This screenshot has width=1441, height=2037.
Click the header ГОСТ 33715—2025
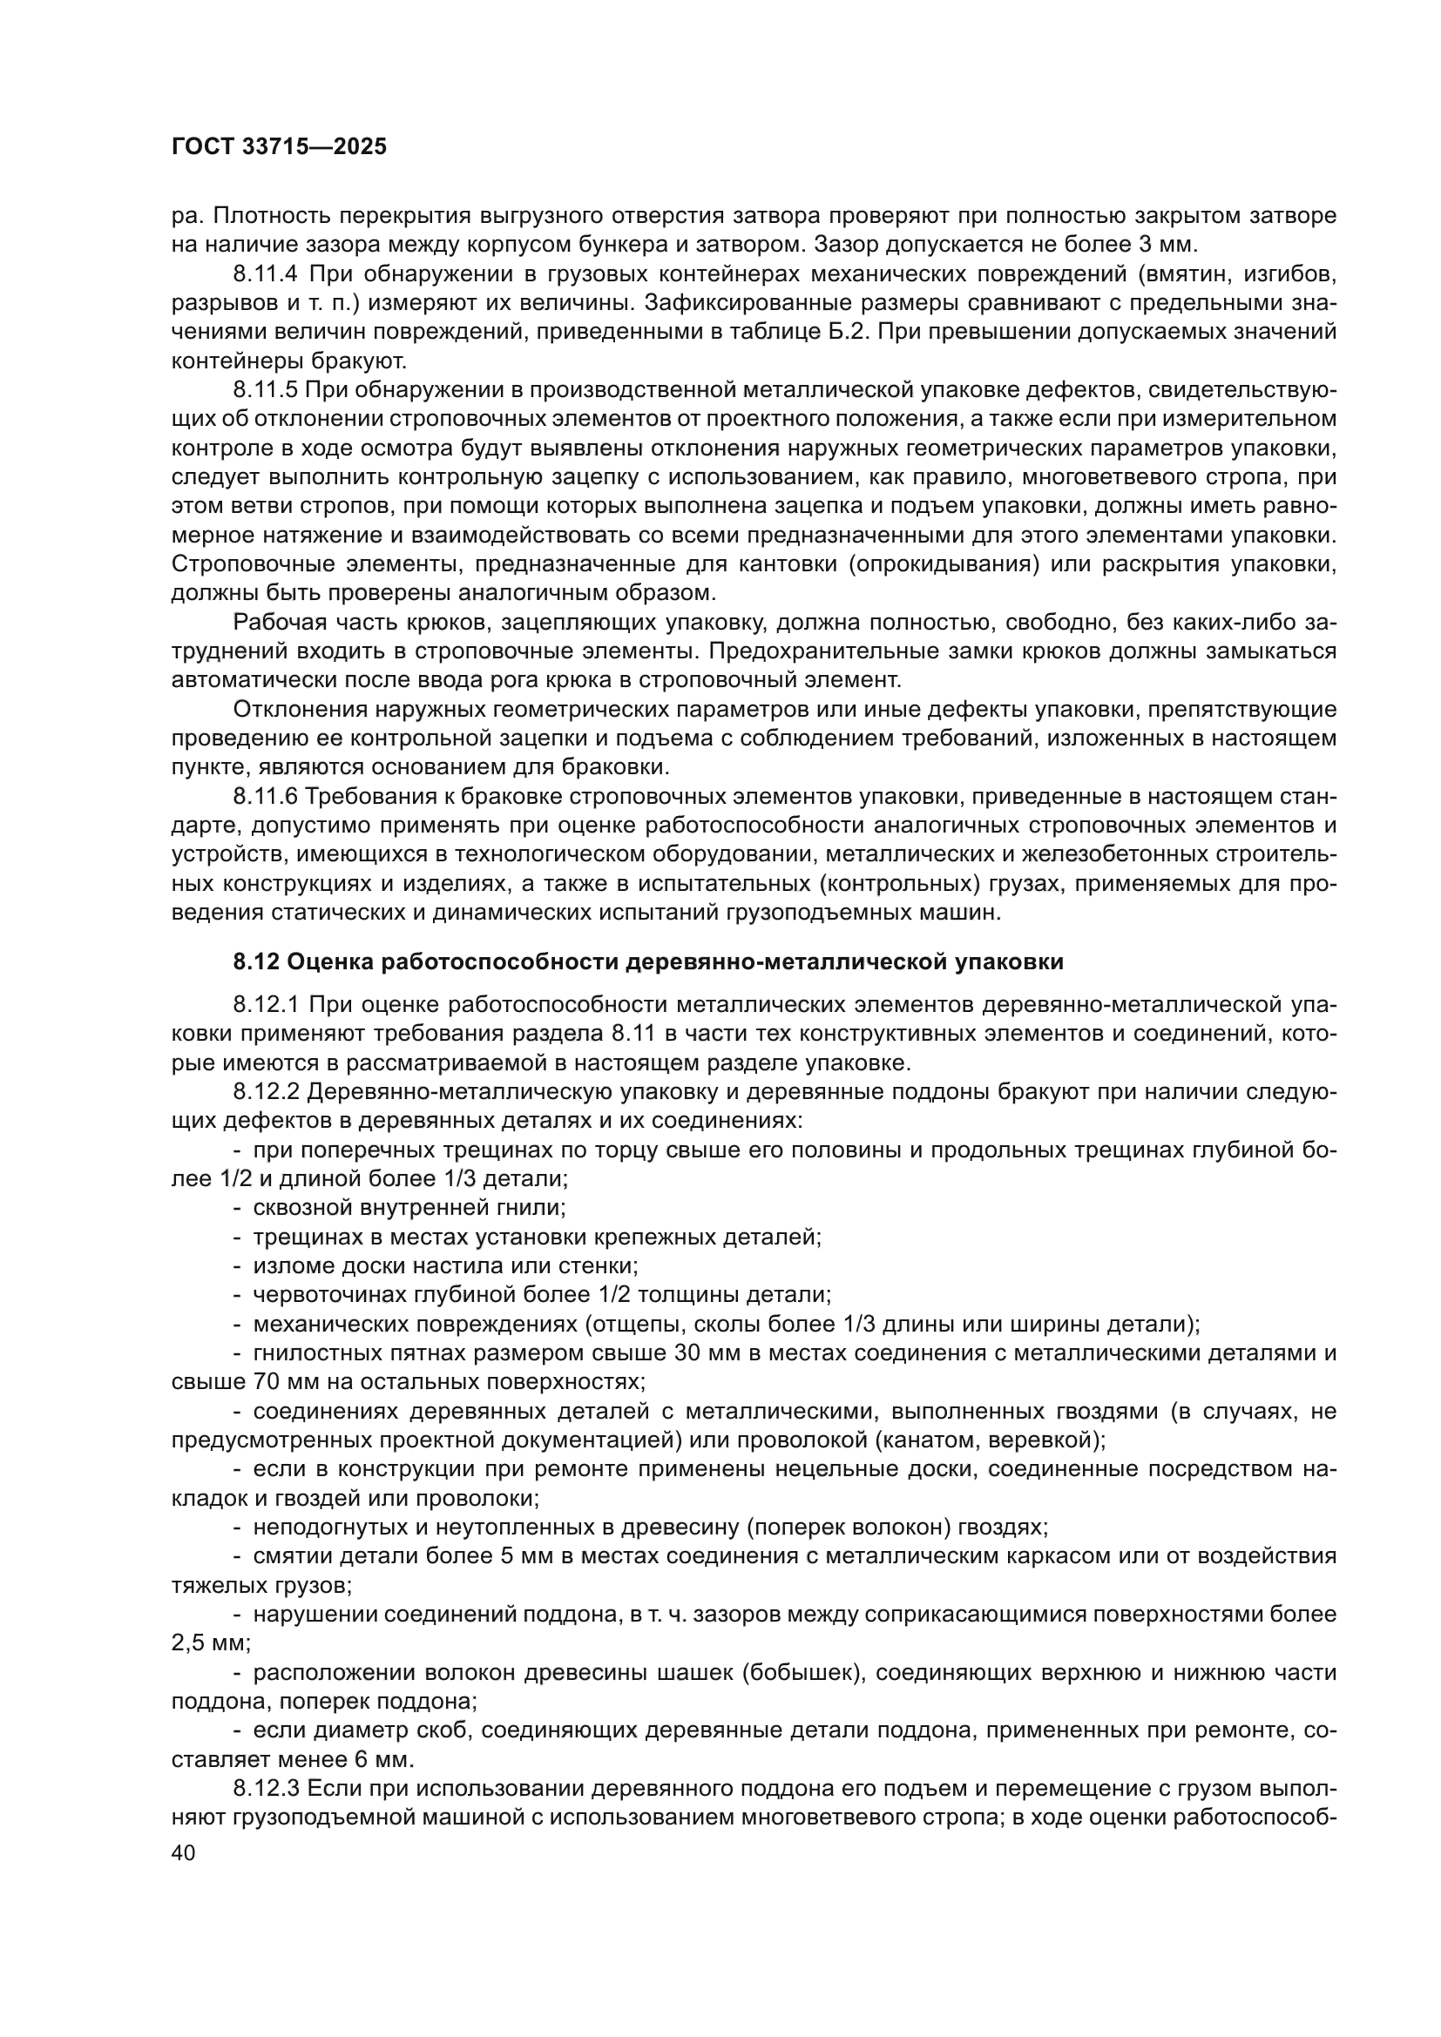280,147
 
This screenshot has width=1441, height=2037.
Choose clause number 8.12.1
267,1004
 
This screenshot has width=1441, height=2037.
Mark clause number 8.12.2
267,1091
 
